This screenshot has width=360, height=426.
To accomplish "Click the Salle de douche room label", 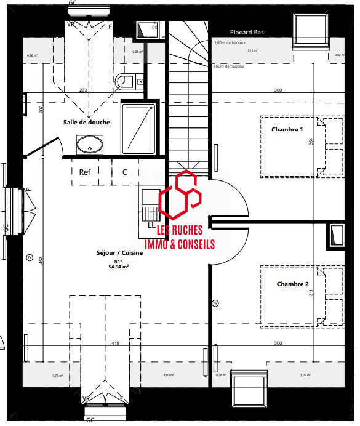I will coord(86,122).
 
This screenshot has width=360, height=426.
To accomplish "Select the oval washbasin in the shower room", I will coord(90,145).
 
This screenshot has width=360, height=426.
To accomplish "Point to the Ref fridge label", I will coord(85,172).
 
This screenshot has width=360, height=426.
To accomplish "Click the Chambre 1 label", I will coord(287,129).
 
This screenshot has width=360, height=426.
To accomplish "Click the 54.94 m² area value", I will coord(118,268).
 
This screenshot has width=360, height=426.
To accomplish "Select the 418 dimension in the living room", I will coord(115,343).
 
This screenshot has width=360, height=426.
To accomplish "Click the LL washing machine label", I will coord(151,225).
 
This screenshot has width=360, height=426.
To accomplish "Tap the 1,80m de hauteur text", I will coord(227,66).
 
